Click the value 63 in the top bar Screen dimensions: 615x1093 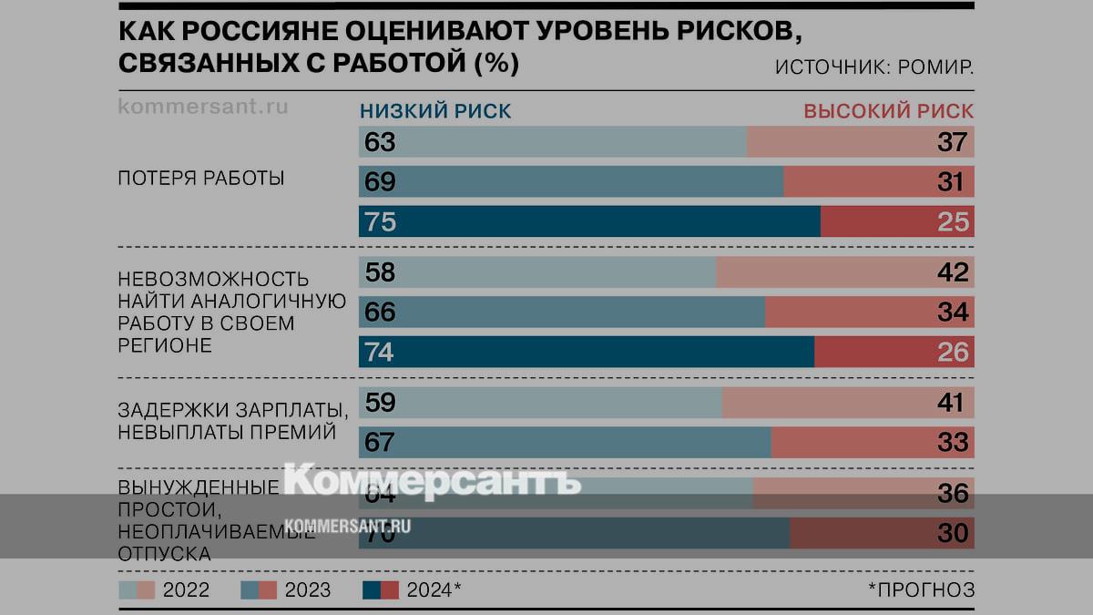click(379, 143)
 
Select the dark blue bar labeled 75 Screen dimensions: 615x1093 click(588, 221)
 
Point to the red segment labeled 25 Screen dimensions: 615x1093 click(897, 221)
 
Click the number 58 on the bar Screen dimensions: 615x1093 click(379, 272)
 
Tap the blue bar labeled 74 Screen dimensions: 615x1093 click(586, 352)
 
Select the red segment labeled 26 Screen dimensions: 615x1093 click(894, 352)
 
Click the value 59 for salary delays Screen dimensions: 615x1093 click(379, 403)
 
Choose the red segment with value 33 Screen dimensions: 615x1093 click(872, 443)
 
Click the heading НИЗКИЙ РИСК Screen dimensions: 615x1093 click(435, 111)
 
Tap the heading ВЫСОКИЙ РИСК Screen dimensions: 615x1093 click(888, 111)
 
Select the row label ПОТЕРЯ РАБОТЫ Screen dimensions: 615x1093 click(201, 179)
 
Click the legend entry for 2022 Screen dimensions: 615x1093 click(165, 589)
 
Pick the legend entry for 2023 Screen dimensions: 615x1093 click(286, 589)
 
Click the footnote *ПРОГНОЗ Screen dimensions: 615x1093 click(921, 589)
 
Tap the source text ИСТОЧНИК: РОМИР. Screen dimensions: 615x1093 click(874, 67)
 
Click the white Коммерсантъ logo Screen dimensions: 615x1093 click(433, 480)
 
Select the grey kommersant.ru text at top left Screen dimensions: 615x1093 click(203, 106)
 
